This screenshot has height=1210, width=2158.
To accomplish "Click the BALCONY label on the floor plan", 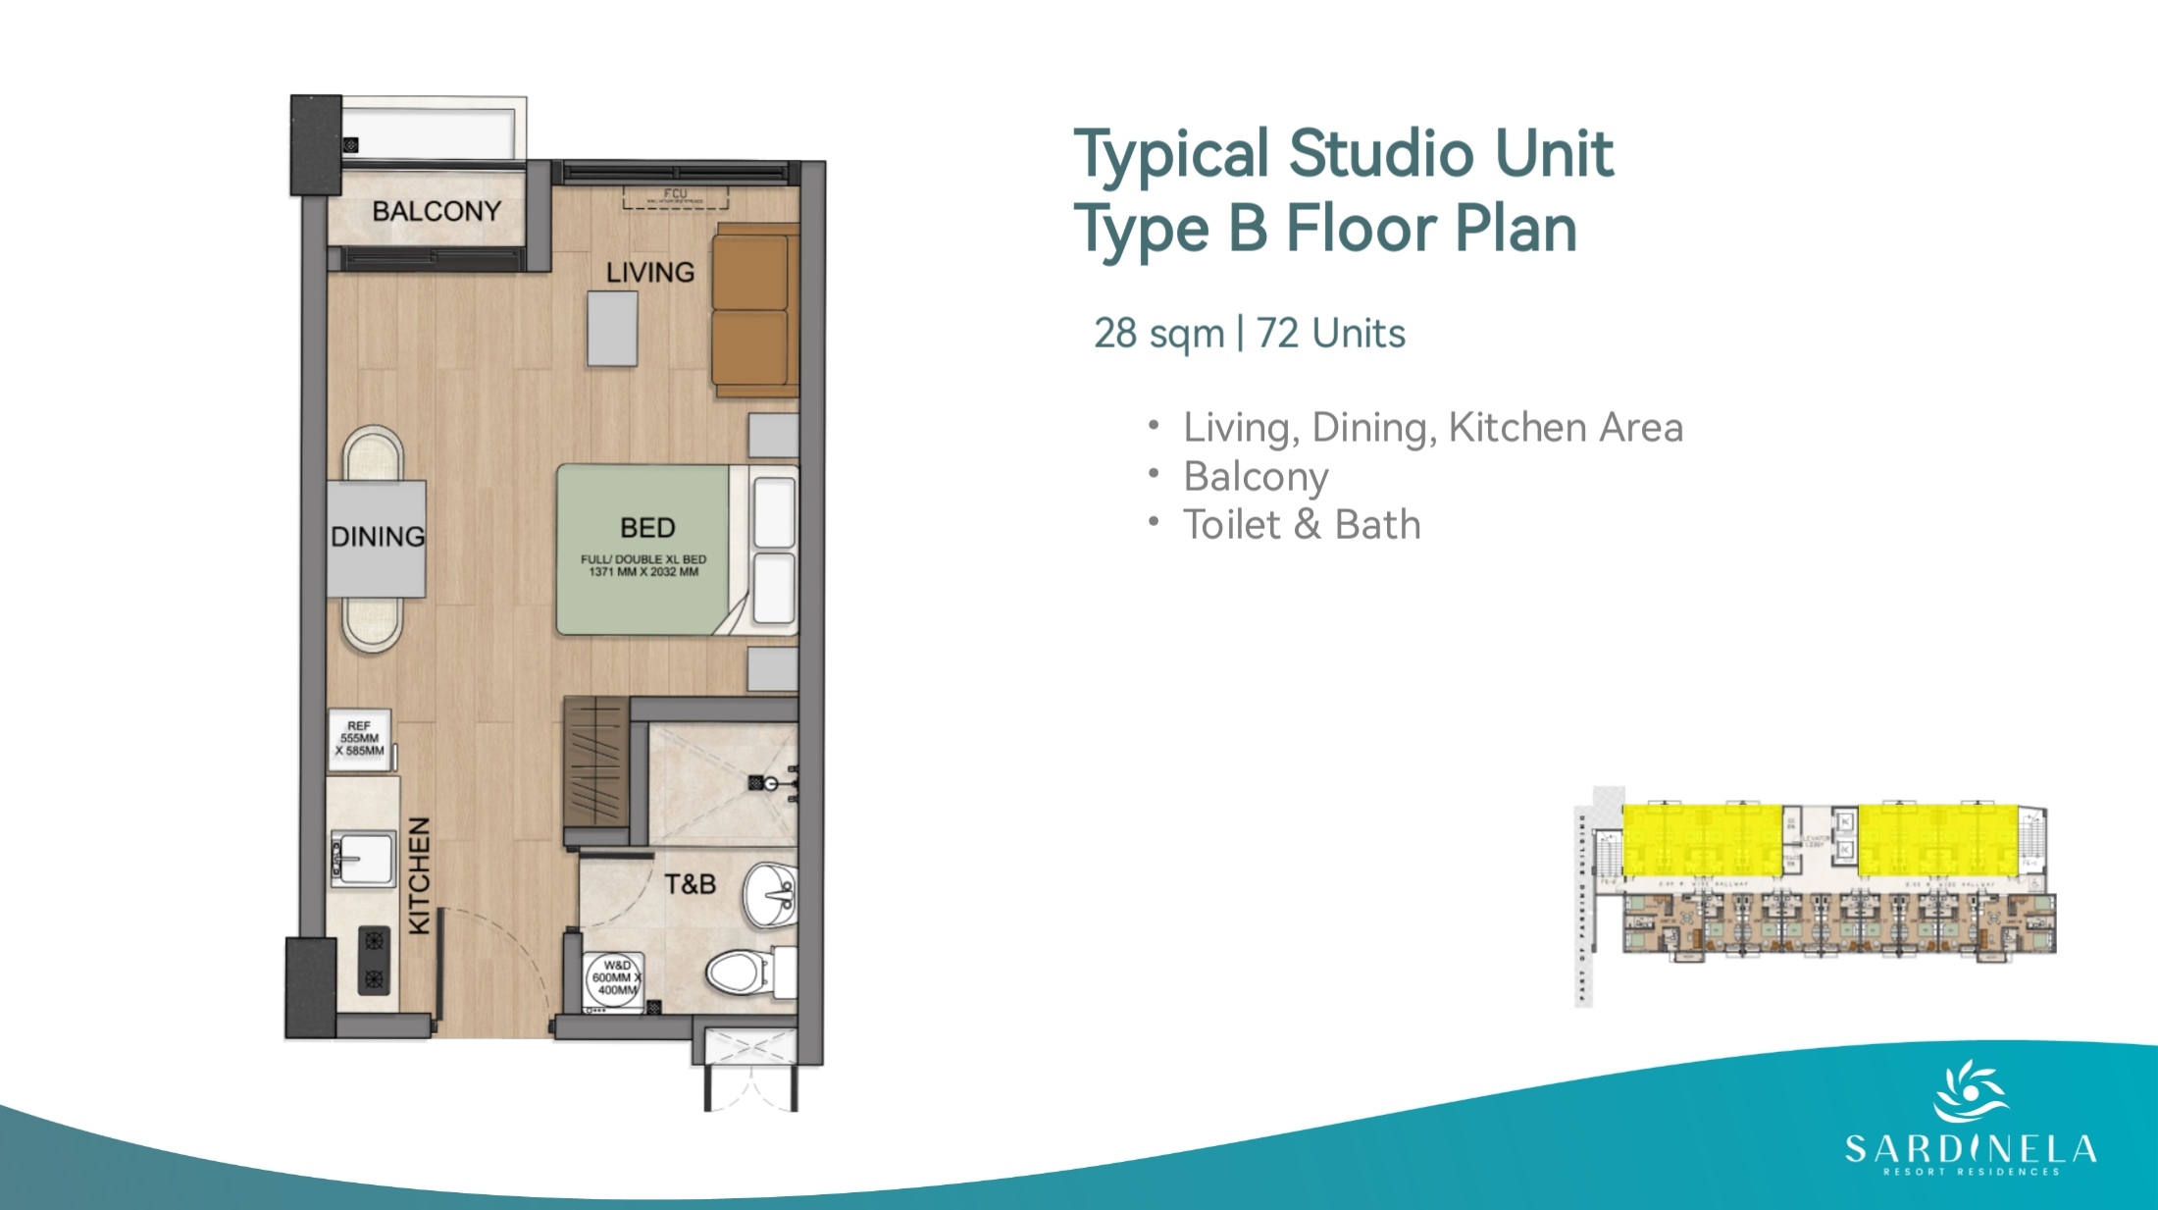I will (437, 211).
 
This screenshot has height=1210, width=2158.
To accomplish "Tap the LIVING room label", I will (649, 272).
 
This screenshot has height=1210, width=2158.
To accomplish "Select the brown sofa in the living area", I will (753, 310).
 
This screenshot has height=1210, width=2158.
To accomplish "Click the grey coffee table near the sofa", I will (612, 329).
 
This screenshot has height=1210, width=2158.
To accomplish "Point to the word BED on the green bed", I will (647, 528).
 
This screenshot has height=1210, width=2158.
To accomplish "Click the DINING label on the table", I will (378, 537).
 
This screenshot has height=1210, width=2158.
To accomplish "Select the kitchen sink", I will (362, 859).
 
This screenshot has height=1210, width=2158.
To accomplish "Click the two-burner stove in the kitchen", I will (374, 960).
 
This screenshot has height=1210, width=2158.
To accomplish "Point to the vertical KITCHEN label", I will (419, 875).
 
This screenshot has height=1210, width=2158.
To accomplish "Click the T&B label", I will (690, 884).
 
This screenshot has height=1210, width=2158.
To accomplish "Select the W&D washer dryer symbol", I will (614, 978).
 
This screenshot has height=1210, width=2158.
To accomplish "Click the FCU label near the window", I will (675, 194).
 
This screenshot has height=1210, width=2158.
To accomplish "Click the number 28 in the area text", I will (1115, 334).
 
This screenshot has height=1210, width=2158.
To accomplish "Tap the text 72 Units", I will (1330, 334).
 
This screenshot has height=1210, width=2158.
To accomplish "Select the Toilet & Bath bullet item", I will (1301, 525).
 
